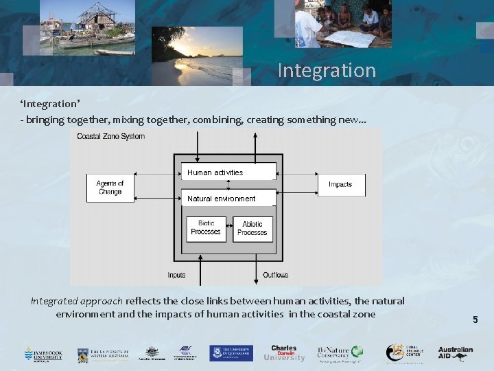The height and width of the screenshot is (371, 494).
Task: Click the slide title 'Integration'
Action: [327, 70]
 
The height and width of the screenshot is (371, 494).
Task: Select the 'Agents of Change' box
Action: [110, 188]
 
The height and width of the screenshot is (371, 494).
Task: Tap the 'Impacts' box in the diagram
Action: [340, 184]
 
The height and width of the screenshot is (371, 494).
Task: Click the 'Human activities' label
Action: [215, 172]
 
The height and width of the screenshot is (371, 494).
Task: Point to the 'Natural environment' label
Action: [221, 199]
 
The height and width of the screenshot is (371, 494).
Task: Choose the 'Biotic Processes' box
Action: [206, 228]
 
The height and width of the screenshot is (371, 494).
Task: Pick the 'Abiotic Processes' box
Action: [252, 229]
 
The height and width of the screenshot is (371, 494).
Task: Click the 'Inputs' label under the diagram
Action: [176, 275]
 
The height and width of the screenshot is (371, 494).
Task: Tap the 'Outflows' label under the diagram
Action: [275, 275]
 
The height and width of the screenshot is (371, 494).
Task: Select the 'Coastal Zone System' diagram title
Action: [110, 136]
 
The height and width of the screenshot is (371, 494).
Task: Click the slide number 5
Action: [474, 319]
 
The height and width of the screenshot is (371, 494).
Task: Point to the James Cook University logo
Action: [43, 354]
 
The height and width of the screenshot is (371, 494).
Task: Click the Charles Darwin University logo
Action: [284, 353]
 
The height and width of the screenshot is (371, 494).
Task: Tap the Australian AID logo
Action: [456, 353]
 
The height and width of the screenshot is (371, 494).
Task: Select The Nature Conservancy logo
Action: [338, 353]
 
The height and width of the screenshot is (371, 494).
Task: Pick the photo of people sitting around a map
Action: [343, 24]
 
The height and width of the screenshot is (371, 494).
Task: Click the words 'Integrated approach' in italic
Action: [76, 301]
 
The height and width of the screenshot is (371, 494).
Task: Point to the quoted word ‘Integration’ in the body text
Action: [50, 104]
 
